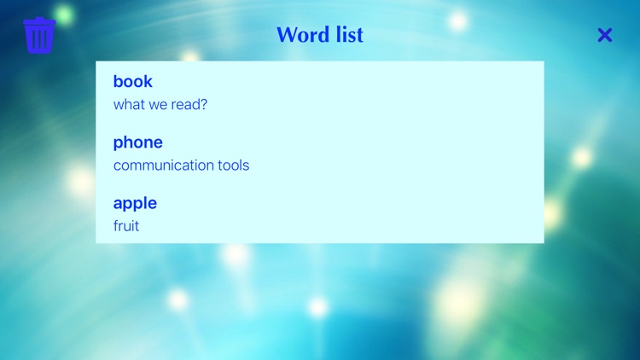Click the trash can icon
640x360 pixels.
pyautogui.click(x=39, y=36)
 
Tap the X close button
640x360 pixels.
pyautogui.click(x=605, y=35)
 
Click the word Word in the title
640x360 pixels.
pyautogui.click(x=301, y=35)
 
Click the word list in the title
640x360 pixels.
pyautogui.click(x=347, y=35)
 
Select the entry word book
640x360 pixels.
pyautogui.click(x=132, y=82)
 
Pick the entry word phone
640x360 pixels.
pyautogui.click(x=137, y=142)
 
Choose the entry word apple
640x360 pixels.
pyautogui.click(x=135, y=203)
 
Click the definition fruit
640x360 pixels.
pyautogui.click(x=125, y=226)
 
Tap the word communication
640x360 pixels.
pyautogui.click(x=161, y=165)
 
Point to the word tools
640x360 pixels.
pyautogui.click(x=231, y=165)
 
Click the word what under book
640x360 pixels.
pyautogui.click(x=129, y=104)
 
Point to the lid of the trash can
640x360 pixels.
pyautogui.click(x=39, y=21)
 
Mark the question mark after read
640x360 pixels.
pyautogui.click(x=204, y=104)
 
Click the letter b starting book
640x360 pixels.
pyautogui.click(x=119, y=82)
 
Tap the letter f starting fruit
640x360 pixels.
pyautogui.click(x=116, y=226)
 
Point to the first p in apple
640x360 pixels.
pyautogui.click(x=129, y=204)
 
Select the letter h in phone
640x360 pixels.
pyautogui.click(x=129, y=142)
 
